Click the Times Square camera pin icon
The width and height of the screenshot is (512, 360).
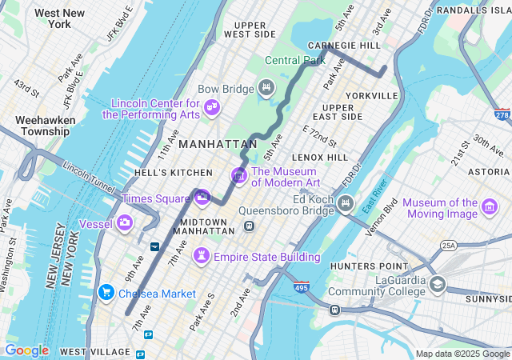point(202,197)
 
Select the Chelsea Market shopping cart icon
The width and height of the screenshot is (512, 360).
point(106,294)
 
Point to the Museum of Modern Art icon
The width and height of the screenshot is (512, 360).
point(238,174)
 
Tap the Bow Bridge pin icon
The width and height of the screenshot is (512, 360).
point(266,87)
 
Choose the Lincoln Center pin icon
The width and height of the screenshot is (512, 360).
point(212,107)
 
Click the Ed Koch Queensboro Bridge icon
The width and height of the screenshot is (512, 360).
point(346,202)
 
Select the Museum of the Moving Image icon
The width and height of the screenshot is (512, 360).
point(489,210)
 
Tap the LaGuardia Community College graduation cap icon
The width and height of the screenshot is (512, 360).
point(438,284)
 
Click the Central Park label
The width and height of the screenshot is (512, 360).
point(295,60)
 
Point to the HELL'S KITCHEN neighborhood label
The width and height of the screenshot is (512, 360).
point(174,173)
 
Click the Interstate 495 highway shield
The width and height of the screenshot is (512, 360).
point(301,286)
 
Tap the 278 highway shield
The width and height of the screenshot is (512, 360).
point(502,116)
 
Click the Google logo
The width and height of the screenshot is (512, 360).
point(26,350)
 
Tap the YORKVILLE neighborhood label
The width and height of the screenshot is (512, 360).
point(371,96)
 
